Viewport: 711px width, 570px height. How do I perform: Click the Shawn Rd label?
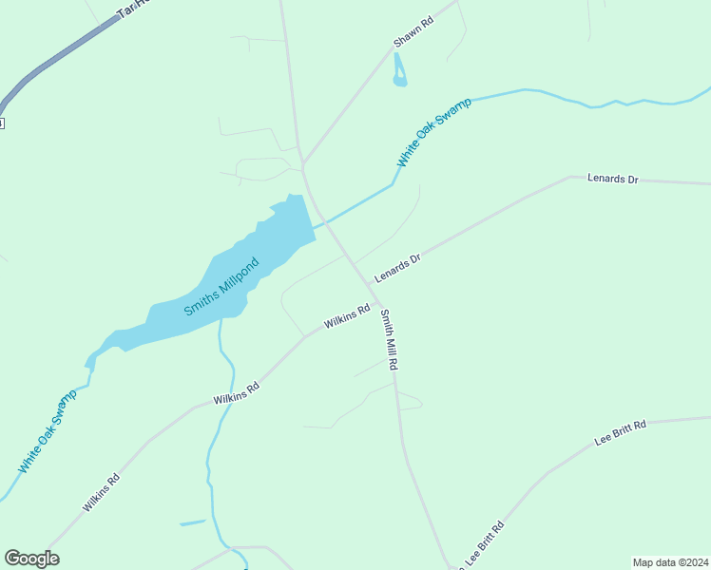(x=413, y=31)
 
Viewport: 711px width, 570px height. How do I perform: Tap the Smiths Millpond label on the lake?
(x=221, y=286)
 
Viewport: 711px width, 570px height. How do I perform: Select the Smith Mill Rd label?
(x=389, y=339)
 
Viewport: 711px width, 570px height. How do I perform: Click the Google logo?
(x=31, y=559)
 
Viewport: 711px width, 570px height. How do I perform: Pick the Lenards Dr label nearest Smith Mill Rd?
(x=396, y=268)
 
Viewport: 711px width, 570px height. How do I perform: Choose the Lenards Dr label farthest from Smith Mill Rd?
(x=612, y=178)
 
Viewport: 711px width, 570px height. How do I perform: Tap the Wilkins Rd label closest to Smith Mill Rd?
(x=346, y=316)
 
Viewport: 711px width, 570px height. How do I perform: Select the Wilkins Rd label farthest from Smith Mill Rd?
(x=101, y=493)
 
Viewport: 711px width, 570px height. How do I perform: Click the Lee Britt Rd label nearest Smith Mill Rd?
(x=484, y=542)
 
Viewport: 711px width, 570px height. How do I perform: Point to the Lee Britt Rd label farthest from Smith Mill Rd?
(x=620, y=433)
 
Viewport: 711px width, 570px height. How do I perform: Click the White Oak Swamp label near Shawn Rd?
(x=433, y=133)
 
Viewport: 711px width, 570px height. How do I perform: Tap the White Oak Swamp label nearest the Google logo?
(x=47, y=431)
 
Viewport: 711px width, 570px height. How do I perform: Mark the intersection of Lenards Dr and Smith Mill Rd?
(x=369, y=283)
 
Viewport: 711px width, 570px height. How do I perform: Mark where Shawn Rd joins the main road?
(x=303, y=163)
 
